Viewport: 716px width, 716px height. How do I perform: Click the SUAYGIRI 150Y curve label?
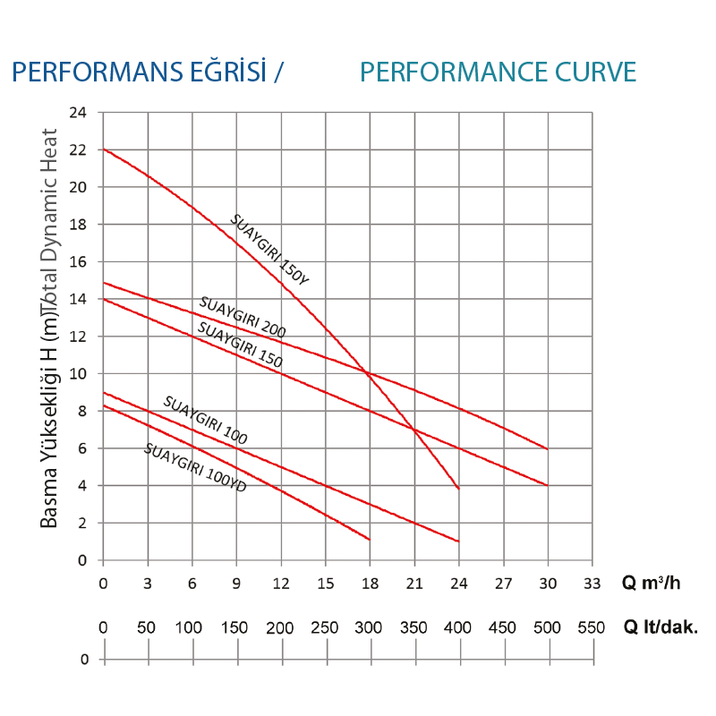(x=269, y=251)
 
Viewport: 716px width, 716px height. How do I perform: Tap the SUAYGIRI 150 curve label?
(x=240, y=346)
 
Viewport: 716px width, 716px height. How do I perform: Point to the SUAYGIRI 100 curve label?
(x=205, y=420)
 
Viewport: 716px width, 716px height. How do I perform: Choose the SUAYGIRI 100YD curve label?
(x=194, y=468)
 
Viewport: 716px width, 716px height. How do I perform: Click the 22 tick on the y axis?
(x=81, y=150)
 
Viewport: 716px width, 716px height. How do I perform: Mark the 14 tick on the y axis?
(x=81, y=300)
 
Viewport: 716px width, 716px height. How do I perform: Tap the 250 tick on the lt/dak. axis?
(x=325, y=628)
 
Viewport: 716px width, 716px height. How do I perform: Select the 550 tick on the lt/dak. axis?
(x=592, y=628)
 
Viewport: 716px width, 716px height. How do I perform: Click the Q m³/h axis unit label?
(x=652, y=583)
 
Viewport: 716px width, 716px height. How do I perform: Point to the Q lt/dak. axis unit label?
(x=661, y=628)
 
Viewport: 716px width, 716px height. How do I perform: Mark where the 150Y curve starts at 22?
(x=104, y=149)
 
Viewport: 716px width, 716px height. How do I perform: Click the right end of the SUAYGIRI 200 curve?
(x=547, y=448)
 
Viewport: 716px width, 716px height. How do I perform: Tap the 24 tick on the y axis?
(x=81, y=113)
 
